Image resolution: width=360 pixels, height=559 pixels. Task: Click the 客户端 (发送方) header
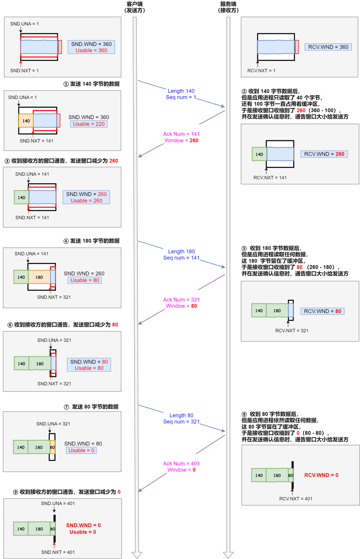135,7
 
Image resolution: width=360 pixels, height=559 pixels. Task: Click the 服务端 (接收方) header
228,7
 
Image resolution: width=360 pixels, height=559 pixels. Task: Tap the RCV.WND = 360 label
328,47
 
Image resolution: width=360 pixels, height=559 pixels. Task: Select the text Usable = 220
89,124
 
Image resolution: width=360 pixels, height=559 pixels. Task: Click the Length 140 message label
181,91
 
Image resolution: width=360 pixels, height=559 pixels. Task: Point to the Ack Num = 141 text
181,134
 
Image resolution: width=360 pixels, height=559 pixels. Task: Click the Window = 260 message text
181,141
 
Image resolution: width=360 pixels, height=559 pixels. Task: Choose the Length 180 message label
181,252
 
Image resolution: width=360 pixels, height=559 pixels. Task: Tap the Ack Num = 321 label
181,300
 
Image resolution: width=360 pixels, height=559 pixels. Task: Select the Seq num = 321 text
181,422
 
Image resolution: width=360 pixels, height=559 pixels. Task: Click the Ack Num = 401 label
181,463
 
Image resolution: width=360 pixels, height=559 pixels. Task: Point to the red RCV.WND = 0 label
321,475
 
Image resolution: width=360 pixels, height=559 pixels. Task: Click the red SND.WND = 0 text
83,525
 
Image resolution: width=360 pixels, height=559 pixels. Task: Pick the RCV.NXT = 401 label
296,499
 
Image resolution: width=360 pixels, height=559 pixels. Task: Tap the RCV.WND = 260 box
324,154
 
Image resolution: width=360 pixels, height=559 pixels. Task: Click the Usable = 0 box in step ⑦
81,450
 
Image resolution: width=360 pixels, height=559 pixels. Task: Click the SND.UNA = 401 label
58,503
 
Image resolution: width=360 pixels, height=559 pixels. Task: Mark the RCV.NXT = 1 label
261,71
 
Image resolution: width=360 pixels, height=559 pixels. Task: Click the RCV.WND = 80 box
322,311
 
